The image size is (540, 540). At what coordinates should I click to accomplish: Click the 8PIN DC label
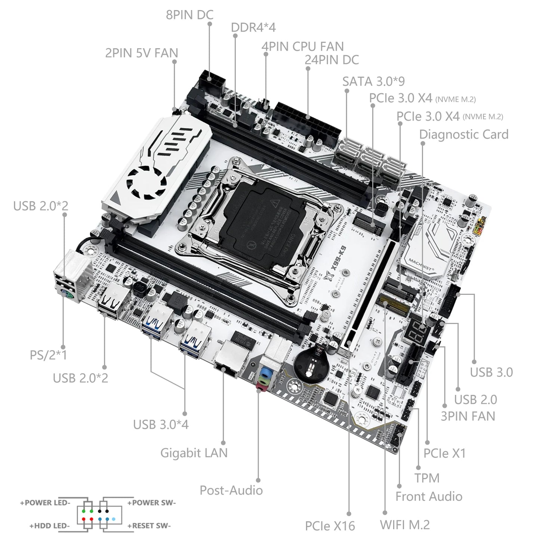click(189, 15)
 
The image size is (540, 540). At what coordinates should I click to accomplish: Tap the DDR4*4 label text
click(253, 28)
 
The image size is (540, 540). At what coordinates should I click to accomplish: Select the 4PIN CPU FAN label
click(302, 47)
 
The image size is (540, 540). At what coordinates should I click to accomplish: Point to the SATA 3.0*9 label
click(373, 81)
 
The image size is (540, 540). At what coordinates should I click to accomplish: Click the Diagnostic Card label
click(463, 135)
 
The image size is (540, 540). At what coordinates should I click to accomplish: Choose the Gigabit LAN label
click(194, 453)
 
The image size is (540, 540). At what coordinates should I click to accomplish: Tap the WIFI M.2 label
click(405, 525)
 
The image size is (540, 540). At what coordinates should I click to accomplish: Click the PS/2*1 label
click(48, 355)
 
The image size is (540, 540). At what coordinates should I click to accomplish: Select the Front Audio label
click(429, 496)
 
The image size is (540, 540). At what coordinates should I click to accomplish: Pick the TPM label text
click(427, 478)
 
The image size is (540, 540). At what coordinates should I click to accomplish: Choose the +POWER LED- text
click(45, 503)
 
